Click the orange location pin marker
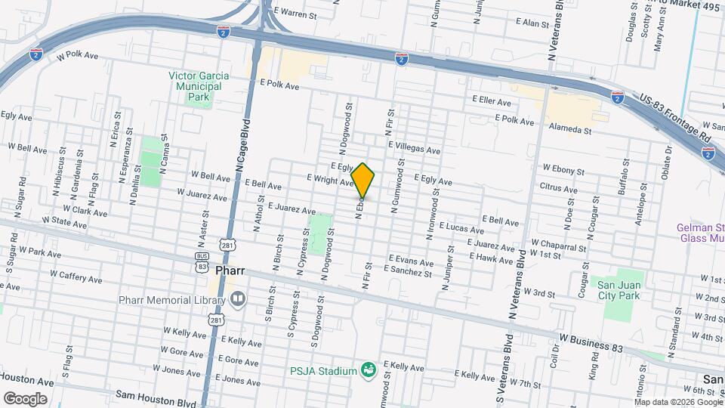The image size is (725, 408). [362, 180]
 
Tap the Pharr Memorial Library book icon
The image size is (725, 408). [238, 300]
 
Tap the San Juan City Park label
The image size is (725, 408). [619, 289]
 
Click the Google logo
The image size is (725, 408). [25, 398]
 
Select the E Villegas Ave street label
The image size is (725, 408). [414, 150]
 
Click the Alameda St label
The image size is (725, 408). [569, 129]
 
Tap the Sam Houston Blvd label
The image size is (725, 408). [156, 395]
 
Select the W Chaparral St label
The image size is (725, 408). [558, 246]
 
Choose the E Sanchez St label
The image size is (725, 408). [407, 269]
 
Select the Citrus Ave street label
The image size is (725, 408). [559, 186]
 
